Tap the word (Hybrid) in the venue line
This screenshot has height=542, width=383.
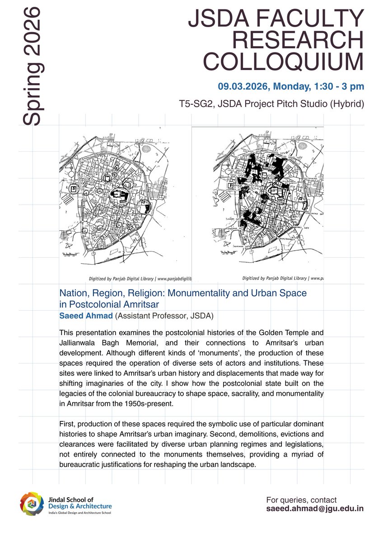344,104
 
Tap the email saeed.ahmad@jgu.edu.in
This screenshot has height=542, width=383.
315,509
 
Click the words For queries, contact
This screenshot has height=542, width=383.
301,500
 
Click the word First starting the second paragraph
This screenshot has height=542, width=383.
66,425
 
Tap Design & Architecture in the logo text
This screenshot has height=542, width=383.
79,507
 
